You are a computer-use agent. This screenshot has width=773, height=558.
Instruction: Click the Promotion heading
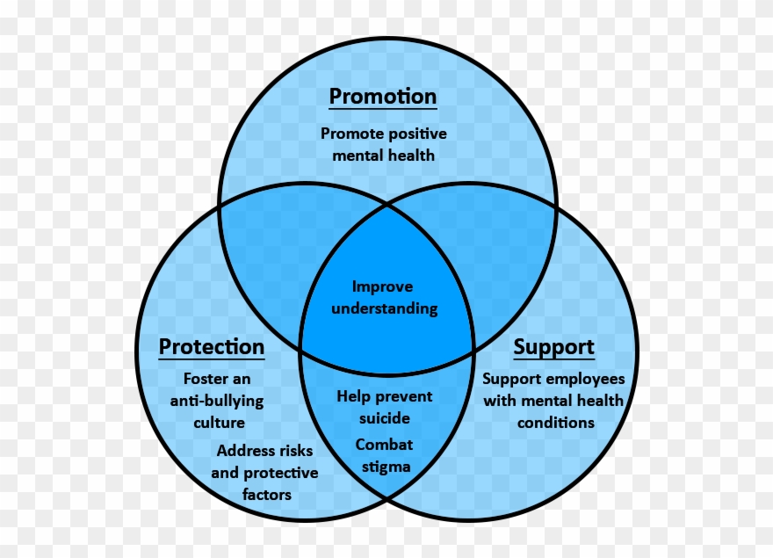[382, 96]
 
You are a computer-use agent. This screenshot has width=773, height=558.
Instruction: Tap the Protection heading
[211, 347]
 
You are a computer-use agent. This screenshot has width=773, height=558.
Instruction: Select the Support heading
[553, 347]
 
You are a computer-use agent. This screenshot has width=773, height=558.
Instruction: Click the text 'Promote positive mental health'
[383, 144]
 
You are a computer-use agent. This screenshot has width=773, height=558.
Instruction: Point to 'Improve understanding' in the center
[382, 297]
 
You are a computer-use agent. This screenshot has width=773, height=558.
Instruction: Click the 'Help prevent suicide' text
[384, 407]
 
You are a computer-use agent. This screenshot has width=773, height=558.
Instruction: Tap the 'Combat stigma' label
[384, 455]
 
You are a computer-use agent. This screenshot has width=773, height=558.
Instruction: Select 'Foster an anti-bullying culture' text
[216, 401]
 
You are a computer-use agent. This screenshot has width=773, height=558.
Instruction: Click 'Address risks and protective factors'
[265, 473]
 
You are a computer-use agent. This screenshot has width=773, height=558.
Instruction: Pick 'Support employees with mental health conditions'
[554, 401]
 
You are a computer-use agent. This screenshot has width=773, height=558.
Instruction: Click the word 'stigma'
[386, 467]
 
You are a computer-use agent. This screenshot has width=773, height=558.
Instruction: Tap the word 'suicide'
[384, 418]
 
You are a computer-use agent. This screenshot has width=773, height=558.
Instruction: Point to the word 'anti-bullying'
[216, 401]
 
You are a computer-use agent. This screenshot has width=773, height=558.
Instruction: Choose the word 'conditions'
[555, 423]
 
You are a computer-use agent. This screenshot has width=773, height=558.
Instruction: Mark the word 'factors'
[266, 495]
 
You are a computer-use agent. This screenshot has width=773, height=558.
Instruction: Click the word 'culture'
[219, 423]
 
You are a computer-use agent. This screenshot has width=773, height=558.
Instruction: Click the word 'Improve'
[382, 286]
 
